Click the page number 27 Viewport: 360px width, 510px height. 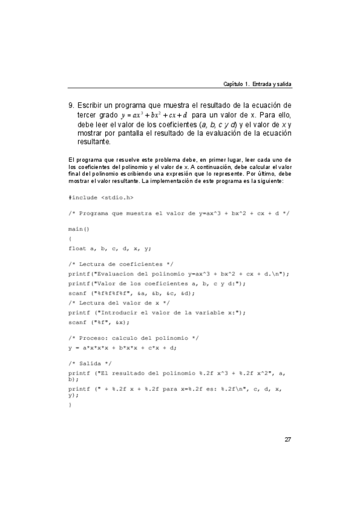pyautogui.click(x=288, y=439)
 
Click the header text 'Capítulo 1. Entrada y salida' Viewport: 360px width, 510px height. pyautogui.click(x=257, y=83)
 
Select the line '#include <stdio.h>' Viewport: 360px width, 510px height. pyautogui.click(x=101, y=197)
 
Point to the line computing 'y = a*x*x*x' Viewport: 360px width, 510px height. pyautogui.click(x=131, y=347)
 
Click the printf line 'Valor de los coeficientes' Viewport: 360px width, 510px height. pyautogui.click(x=157, y=283)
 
